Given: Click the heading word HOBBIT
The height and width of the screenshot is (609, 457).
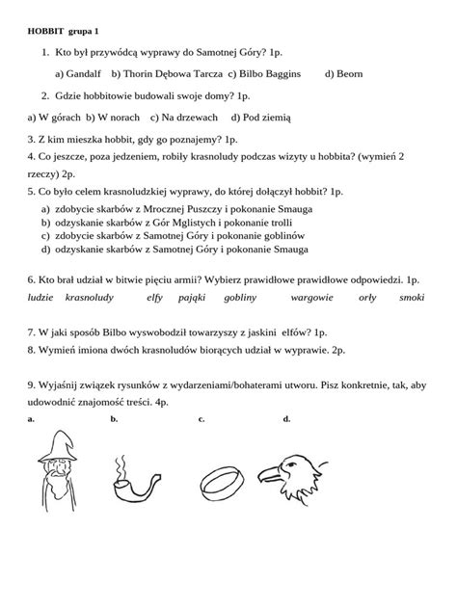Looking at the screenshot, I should click(x=44, y=31).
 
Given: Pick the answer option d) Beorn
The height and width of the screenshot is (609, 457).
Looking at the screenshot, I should click(x=343, y=73).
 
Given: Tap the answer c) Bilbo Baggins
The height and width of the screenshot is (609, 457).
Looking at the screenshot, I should click(x=264, y=73).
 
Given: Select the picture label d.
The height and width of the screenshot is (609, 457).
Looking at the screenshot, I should click(x=286, y=418).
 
